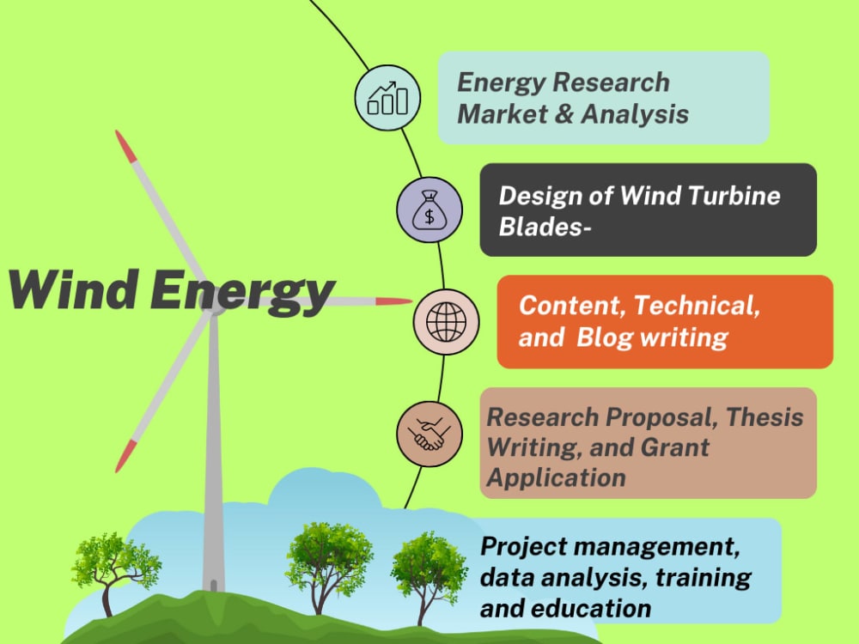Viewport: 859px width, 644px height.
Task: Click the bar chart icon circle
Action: click(x=387, y=98)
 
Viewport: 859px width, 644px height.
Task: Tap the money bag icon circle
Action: click(x=429, y=210)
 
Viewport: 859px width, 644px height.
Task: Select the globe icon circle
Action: click(x=446, y=321)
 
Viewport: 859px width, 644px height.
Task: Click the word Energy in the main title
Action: click(x=241, y=292)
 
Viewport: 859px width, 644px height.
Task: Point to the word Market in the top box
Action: click(x=497, y=113)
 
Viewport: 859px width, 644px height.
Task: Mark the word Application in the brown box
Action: click(x=556, y=477)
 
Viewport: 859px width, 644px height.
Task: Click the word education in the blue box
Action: click(x=589, y=608)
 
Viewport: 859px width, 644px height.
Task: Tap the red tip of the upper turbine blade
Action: click(x=125, y=147)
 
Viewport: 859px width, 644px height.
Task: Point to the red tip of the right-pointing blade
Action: click(x=395, y=301)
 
